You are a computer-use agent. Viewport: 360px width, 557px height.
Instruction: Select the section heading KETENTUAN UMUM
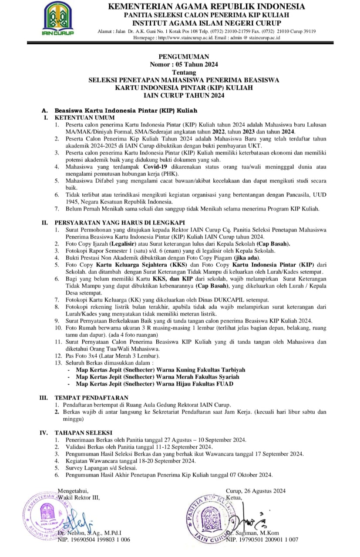(84, 117)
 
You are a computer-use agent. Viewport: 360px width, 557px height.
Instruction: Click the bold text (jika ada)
(235, 258)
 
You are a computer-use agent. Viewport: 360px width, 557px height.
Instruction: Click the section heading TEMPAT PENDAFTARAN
(91, 397)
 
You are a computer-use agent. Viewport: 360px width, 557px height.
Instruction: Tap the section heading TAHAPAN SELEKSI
(83, 433)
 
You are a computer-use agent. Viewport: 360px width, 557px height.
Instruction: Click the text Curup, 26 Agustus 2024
(256, 491)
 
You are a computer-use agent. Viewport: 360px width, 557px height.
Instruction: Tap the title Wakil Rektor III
(79, 497)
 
